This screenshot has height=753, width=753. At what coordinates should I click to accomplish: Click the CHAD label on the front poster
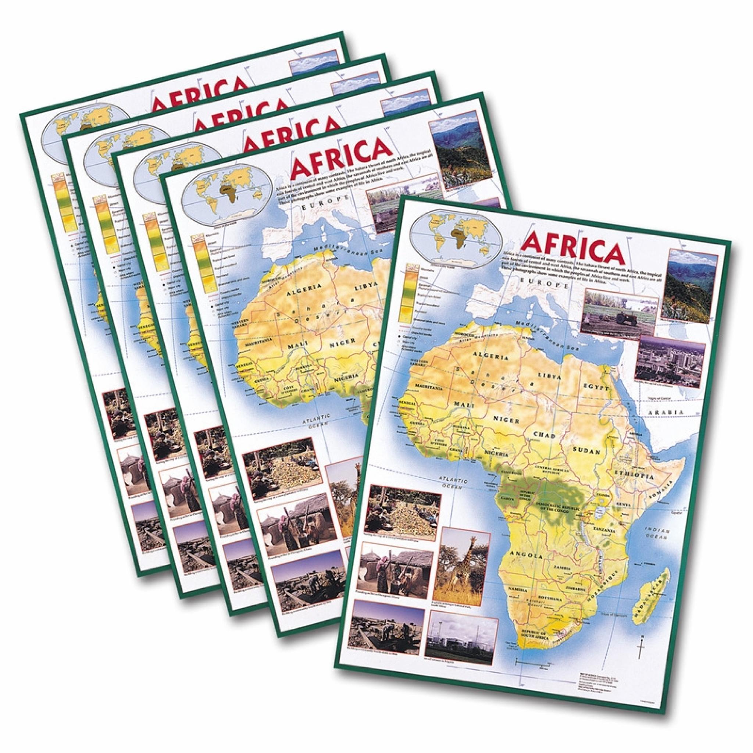[544, 435]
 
